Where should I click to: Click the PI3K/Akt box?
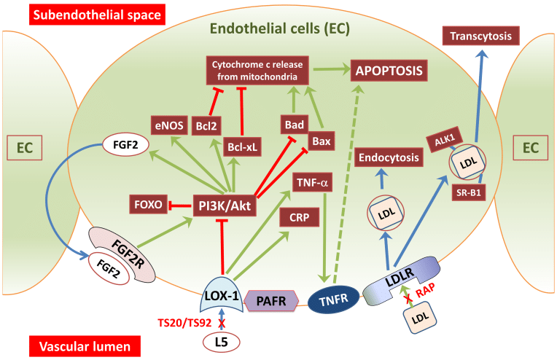coord(223,206)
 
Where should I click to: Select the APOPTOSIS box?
coord(389,71)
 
